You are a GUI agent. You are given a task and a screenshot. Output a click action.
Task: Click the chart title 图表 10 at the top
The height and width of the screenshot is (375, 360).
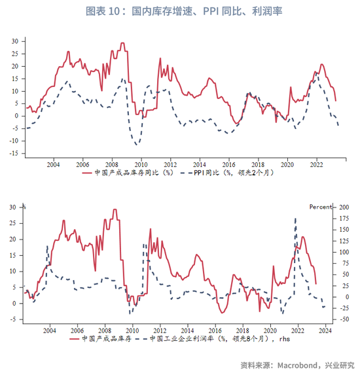tap(103, 11)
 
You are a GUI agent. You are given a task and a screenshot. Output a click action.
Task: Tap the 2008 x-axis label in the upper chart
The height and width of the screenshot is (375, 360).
tap(112, 165)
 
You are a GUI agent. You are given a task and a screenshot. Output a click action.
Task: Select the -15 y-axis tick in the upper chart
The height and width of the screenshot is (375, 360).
tap(14, 153)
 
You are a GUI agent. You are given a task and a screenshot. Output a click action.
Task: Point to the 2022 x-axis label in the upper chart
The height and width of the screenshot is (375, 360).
tap(316, 165)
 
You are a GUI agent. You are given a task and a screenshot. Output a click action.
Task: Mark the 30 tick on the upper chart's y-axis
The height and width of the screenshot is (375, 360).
tap(15, 41)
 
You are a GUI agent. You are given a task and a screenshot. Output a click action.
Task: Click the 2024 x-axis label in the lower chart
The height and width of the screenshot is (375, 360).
tap(325, 330)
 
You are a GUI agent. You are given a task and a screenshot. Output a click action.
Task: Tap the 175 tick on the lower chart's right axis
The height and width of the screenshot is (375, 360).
tap(344, 219)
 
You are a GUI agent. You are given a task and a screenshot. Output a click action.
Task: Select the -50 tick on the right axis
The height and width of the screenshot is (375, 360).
tap(344, 319)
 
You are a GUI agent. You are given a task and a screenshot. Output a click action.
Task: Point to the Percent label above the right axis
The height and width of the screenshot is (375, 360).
tap(321, 207)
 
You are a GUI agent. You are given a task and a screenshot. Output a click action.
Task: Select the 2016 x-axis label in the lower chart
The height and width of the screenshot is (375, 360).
tap(215, 330)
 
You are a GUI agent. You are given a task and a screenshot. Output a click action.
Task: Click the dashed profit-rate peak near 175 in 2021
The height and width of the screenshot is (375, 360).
tap(296, 219)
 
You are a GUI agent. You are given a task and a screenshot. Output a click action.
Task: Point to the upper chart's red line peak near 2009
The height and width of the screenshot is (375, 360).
tap(122, 43)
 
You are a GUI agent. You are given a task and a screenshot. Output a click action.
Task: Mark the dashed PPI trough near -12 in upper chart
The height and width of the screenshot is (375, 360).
tap(137, 145)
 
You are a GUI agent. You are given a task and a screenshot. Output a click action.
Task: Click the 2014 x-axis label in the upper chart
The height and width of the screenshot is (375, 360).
tap(200, 165)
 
